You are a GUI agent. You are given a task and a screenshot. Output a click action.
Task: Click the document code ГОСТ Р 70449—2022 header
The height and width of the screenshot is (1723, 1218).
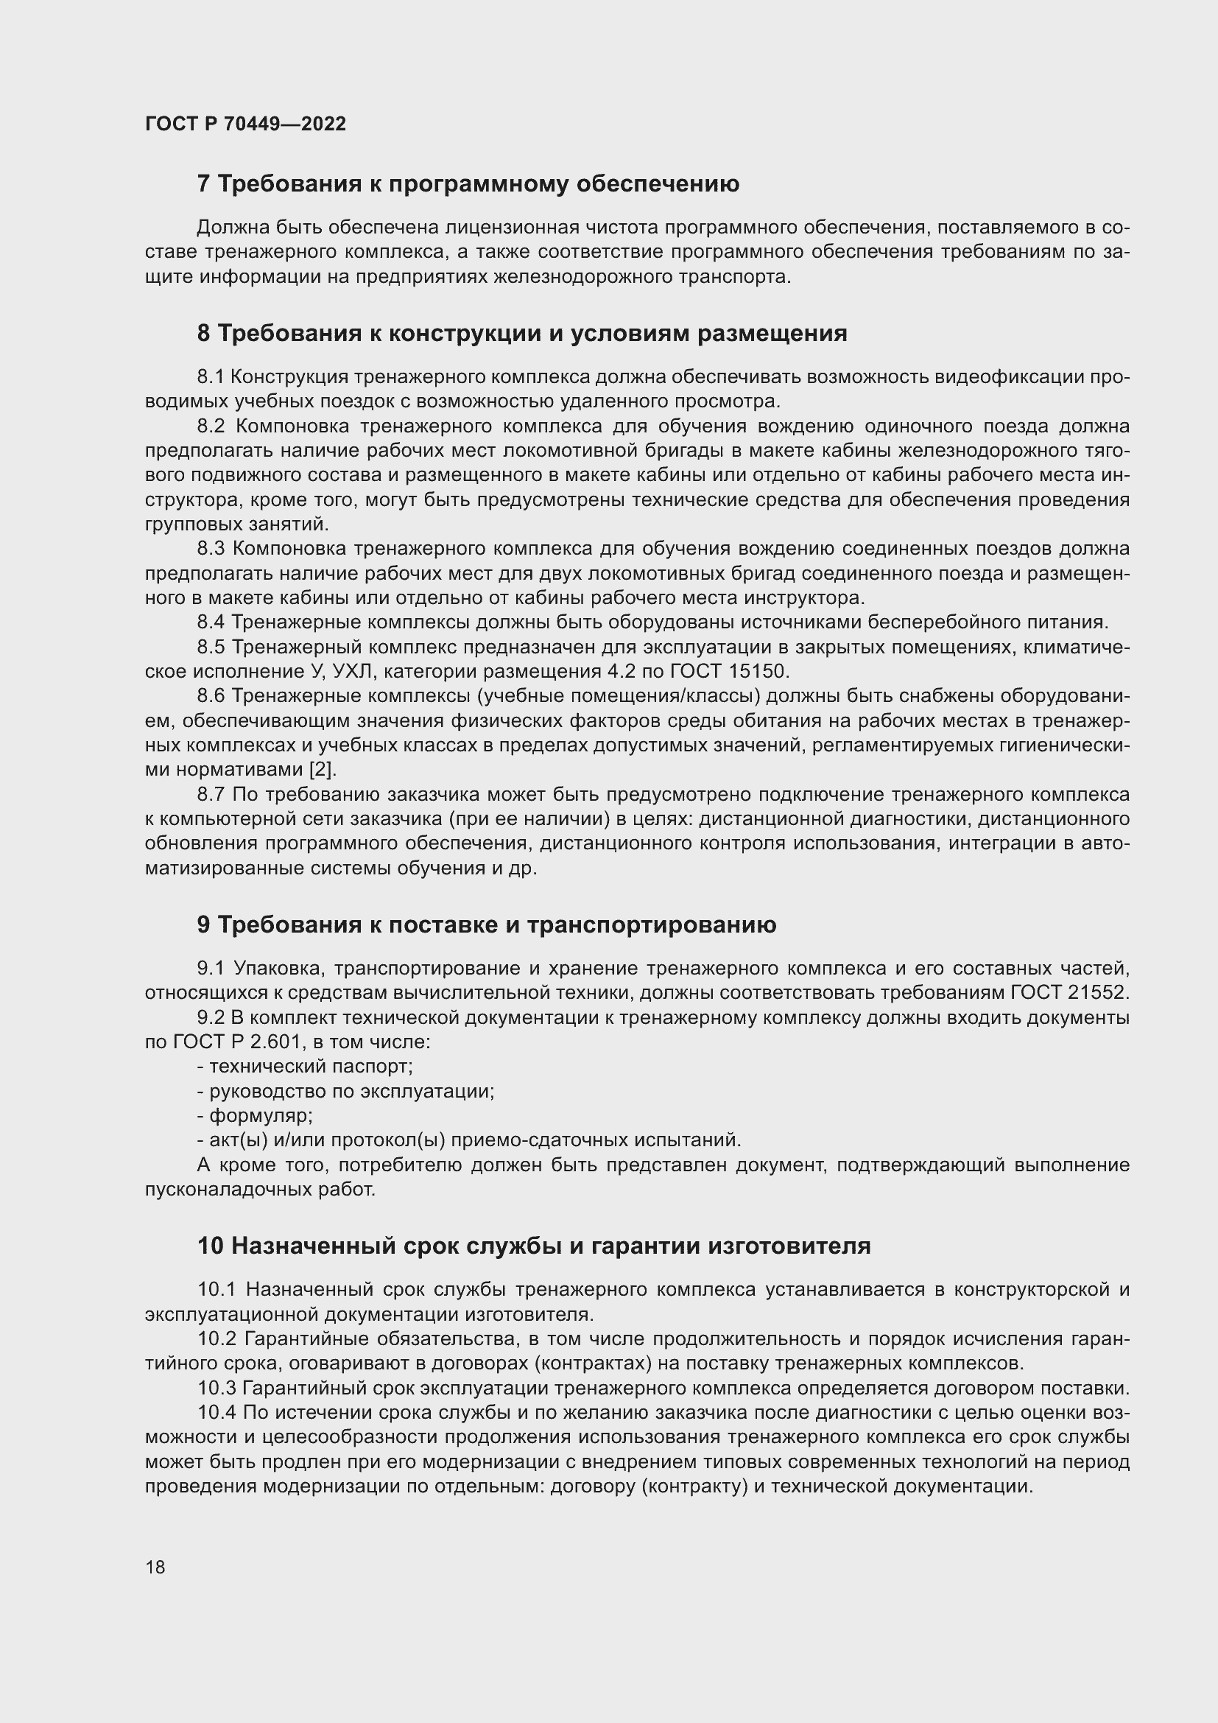pos(245,124)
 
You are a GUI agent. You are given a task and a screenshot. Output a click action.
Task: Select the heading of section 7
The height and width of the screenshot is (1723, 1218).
pos(468,184)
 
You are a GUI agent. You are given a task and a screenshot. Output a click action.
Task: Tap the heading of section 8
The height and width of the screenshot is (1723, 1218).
pos(522,333)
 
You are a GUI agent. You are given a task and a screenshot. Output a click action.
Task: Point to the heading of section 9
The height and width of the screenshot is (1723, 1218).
pos(487,925)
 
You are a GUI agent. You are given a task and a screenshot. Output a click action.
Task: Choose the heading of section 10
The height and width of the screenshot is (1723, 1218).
pos(534,1246)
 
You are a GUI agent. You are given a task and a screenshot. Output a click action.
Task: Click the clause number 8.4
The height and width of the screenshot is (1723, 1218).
pos(211,622)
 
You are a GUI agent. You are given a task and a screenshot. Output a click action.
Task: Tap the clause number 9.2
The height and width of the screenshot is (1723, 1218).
pos(211,1017)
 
